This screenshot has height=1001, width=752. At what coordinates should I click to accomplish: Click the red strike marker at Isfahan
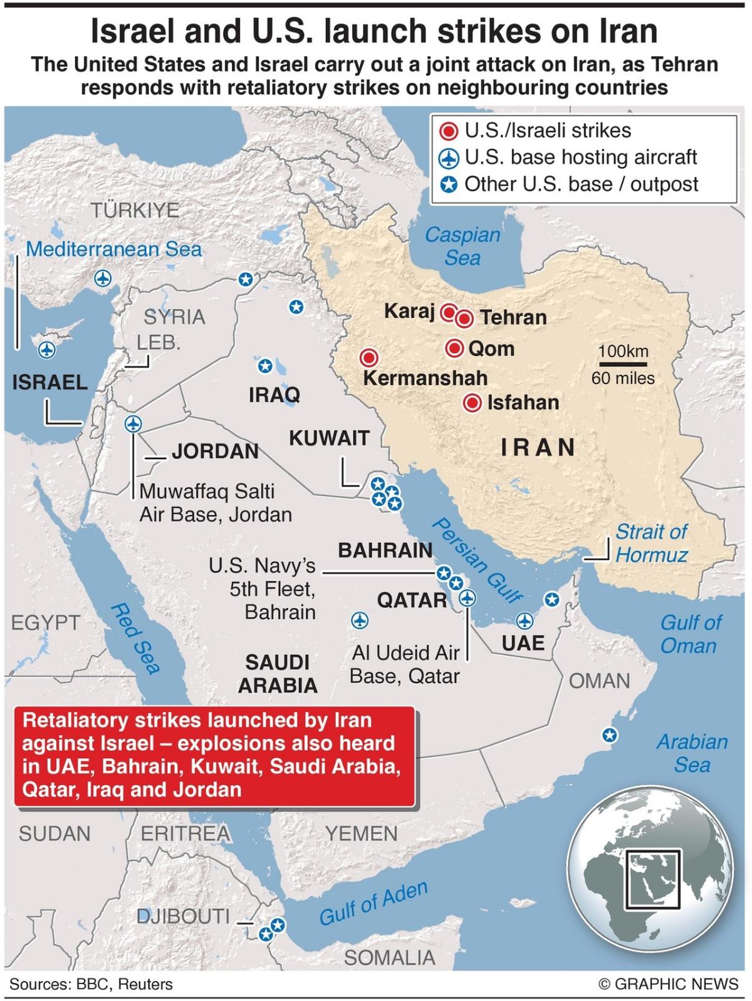coord(473,403)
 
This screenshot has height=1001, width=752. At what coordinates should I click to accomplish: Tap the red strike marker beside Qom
coord(455,349)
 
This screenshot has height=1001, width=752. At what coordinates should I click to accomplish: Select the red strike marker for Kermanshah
coord(369,358)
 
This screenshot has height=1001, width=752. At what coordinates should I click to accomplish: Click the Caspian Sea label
coord(462,246)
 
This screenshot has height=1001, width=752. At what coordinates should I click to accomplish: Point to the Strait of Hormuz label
coord(651,543)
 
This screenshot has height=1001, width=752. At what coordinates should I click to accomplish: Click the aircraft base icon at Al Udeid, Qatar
coord(467,598)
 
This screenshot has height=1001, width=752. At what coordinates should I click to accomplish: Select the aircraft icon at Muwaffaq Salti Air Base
coord(132,424)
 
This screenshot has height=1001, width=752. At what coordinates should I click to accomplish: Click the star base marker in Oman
coord(608,734)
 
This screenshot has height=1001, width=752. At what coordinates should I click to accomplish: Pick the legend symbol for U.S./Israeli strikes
coord(449,132)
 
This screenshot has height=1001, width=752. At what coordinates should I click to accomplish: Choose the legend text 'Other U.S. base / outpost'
coord(581,184)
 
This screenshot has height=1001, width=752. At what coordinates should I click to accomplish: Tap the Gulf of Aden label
coord(373,903)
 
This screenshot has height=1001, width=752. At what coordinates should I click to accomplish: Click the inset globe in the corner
coord(650,866)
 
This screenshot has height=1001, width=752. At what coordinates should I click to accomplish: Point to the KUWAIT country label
coord(329,438)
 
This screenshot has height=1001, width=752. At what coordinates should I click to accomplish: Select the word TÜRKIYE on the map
coord(135,210)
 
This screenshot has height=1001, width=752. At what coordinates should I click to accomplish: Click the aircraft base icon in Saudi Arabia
coord(359,620)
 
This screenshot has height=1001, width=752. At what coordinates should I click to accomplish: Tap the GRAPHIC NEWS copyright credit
coord(669,983)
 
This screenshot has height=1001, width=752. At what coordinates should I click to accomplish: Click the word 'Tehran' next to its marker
coord(513,317)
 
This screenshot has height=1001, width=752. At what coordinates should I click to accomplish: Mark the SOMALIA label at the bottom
coord(389,957)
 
